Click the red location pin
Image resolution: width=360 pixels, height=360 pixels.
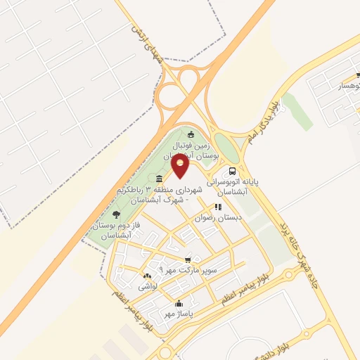point(181,167)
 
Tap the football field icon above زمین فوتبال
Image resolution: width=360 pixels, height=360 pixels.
point(191,134)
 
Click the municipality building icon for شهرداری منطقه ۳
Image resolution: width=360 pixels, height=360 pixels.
point(160,179)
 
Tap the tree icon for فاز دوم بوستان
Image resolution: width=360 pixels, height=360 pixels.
point(116,214)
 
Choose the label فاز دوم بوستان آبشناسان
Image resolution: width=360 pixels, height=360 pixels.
point(113,229)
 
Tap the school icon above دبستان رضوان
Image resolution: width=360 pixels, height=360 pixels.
point(218,207)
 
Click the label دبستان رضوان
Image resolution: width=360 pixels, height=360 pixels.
point(220,219)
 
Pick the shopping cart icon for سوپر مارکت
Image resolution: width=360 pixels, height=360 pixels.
point(187,259)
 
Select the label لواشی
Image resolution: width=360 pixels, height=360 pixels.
point(147,287)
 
